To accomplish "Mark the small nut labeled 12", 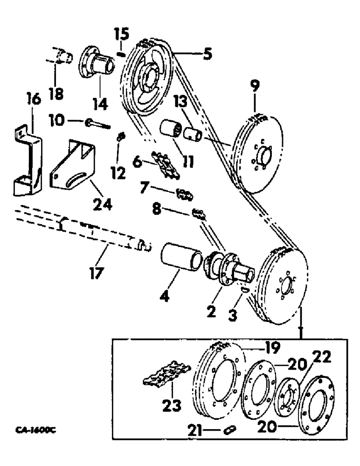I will (120, 137).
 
